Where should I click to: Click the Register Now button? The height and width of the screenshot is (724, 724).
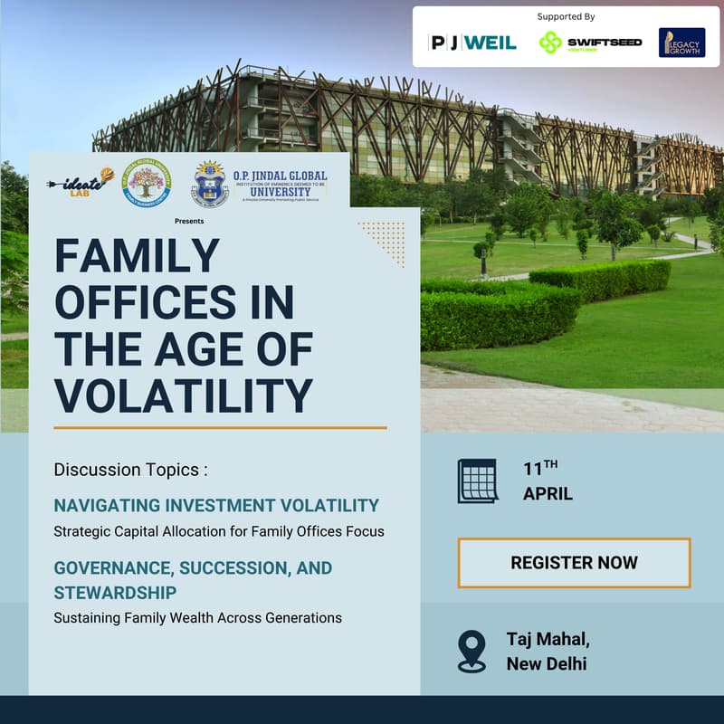[574, 563]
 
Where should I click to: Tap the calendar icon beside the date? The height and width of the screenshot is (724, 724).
[477, 481]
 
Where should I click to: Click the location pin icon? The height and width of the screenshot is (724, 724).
[472, 651]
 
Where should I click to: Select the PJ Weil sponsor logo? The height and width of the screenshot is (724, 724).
[472, 43]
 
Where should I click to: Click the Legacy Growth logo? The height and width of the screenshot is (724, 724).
[681, 43]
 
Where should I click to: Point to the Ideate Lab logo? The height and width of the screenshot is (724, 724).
[82, 181]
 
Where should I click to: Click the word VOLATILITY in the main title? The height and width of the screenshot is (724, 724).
[184, 395]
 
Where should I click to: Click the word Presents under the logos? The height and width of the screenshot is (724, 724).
[190, 221]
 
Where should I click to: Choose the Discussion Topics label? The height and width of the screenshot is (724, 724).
[131, 470]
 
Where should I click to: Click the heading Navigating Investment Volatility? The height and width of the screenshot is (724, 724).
[216, 505]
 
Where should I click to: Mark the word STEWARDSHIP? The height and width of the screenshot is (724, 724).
[115, 593]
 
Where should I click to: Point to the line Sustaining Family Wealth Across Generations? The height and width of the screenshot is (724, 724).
[198, 618]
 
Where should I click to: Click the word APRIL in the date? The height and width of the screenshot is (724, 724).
[548, 494]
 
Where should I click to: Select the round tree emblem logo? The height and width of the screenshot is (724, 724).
[147, 181]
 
